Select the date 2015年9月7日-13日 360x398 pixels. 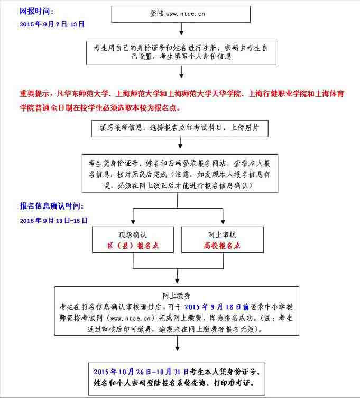pos(52,24)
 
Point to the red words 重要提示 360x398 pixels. pos(35,94)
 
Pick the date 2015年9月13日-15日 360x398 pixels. pos(53,221)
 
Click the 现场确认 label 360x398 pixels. pos(133,235)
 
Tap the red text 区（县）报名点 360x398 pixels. pos(133,246)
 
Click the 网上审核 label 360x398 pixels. pos(222,235)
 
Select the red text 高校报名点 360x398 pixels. pos(222,246)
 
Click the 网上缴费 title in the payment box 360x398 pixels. pos(177,295)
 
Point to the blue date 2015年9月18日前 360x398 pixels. pos(217,307)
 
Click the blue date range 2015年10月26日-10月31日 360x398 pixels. pos(141,372)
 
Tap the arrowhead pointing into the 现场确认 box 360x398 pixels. pos(133,222)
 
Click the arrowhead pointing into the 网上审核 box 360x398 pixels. pos(223,222)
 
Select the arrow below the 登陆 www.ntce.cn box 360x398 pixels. pos(181,29)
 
